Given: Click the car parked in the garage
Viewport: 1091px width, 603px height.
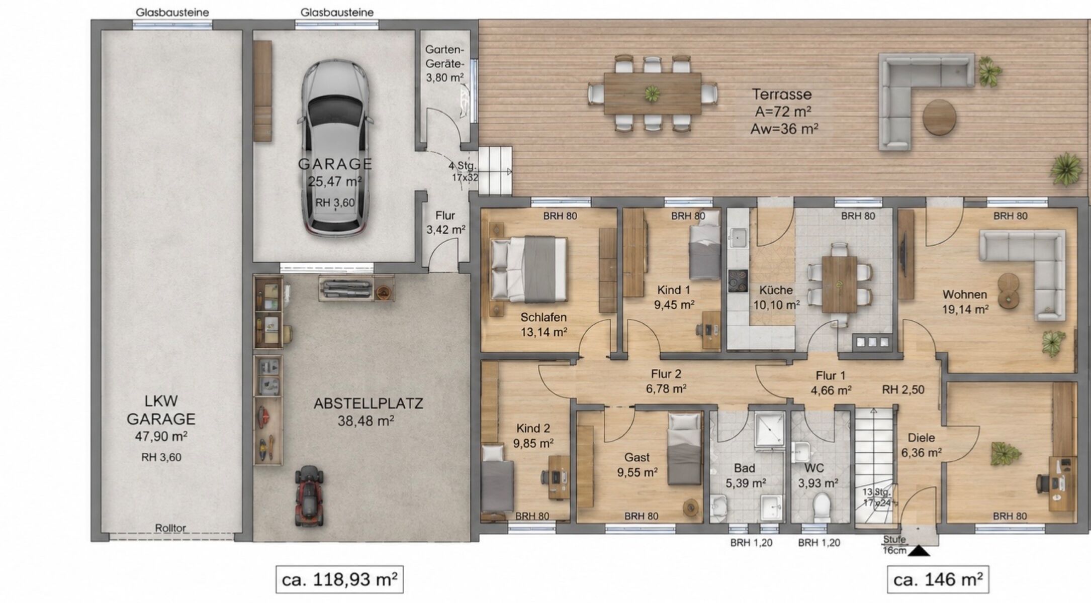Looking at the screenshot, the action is coord(335,147).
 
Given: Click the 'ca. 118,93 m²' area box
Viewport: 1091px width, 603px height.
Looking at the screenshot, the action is coord(339,579).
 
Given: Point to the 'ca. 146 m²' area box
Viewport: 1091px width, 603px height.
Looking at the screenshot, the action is coord(938,579).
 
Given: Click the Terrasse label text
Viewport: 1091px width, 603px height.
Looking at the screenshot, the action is coord(782,94).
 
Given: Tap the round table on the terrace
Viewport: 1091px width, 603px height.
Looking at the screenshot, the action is coord(939,117).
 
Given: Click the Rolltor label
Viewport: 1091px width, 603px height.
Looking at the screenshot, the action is coord(170,528).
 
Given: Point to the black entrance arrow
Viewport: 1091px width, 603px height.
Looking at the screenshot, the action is coord(919,551).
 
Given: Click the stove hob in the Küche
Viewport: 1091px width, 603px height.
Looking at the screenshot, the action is coord(738,281).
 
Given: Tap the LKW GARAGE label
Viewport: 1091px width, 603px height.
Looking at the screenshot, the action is coord(161,410).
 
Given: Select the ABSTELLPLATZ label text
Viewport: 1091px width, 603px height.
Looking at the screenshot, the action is coord(369,404).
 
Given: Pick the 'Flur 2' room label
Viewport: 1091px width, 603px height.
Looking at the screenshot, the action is coord(666,374).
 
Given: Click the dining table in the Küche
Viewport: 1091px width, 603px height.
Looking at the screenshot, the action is coord(840,284).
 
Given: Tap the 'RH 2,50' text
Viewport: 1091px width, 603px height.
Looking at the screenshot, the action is coord(903,389).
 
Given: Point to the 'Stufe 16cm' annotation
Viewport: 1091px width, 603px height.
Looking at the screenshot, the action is coord(895,545).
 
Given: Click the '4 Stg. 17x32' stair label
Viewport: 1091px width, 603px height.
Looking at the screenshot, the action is coord(464,171).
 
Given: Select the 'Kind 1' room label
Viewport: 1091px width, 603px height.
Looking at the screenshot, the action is coord(674,290).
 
